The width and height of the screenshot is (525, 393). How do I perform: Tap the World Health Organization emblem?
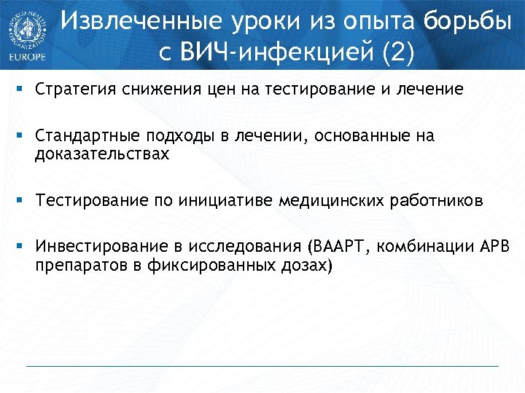[26, 27]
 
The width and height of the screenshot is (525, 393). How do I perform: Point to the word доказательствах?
[101, 154]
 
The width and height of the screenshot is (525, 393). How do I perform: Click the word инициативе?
[226, 200]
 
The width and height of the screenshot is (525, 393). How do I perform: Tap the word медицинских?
[331, 200]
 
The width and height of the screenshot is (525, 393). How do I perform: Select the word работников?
[436, 200]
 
